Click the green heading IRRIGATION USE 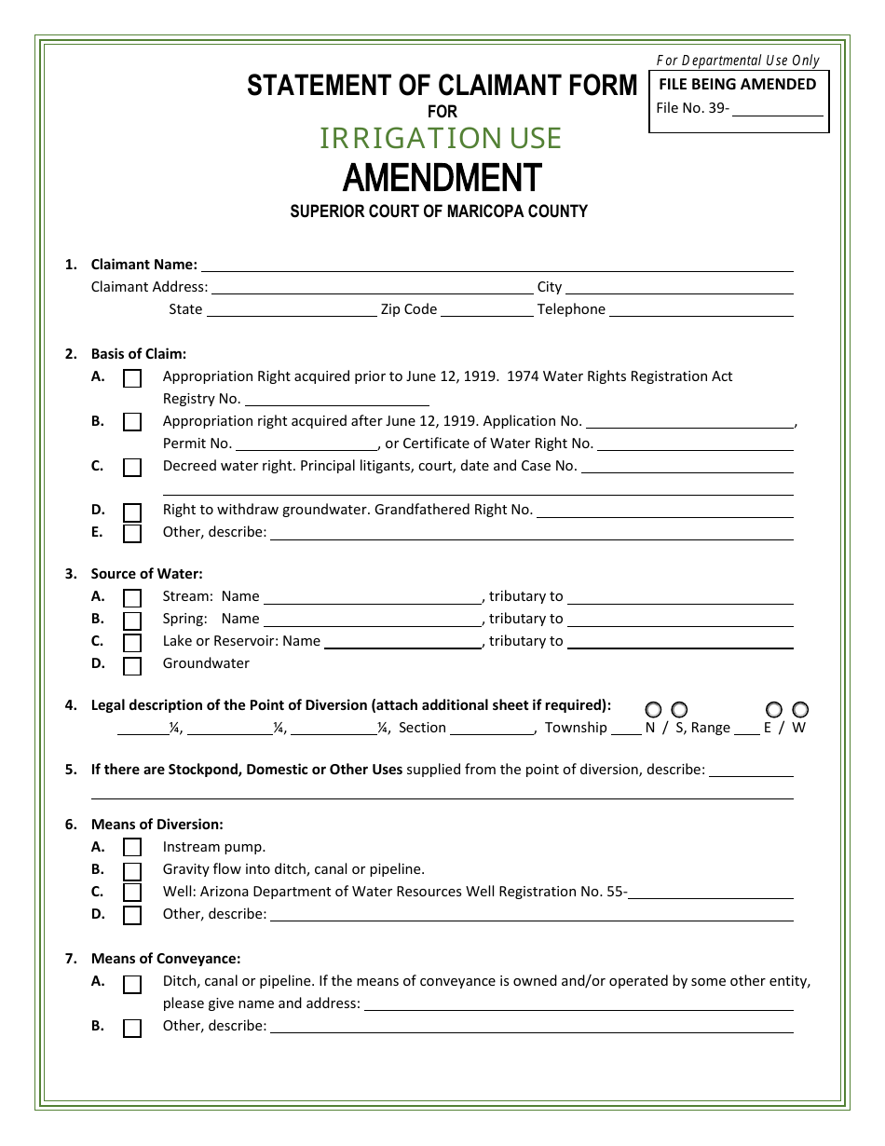click(x=441, y=138)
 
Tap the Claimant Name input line click(x=497, y=266)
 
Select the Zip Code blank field click(x=486, y=310)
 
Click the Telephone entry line click(x=701, y=310)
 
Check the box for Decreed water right click(x=132, y=467)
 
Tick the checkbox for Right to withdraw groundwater click(x=132, y=512)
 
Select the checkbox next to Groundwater click(x=132, y=665)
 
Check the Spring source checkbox click(x=132, y=621)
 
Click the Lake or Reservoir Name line click(x=402, y=642)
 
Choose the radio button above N click(x=653, y=710)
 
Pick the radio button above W click(x=799, y=710)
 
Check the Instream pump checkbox click(x=132, y=848)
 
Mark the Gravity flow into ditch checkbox click(x=132, y=870)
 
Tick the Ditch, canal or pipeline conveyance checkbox click(x=132, y=984)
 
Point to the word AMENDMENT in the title click(x=442, y=177)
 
